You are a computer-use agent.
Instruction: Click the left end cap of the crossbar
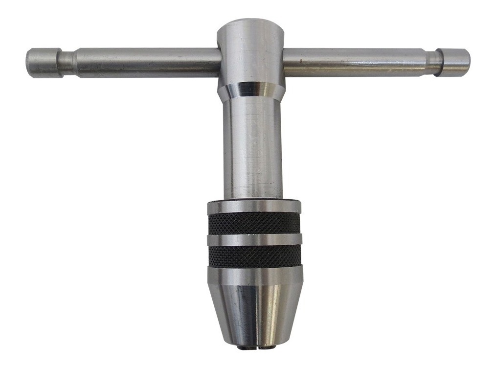(x=42, y=62)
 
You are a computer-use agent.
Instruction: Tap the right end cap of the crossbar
(x=454, y=62)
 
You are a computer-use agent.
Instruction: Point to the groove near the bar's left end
(x=66, y=62)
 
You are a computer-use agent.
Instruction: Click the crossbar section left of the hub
(x=147, y=62)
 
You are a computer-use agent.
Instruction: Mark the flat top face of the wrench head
(x=251, y=24)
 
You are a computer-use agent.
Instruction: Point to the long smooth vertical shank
(x=251, y=147)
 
